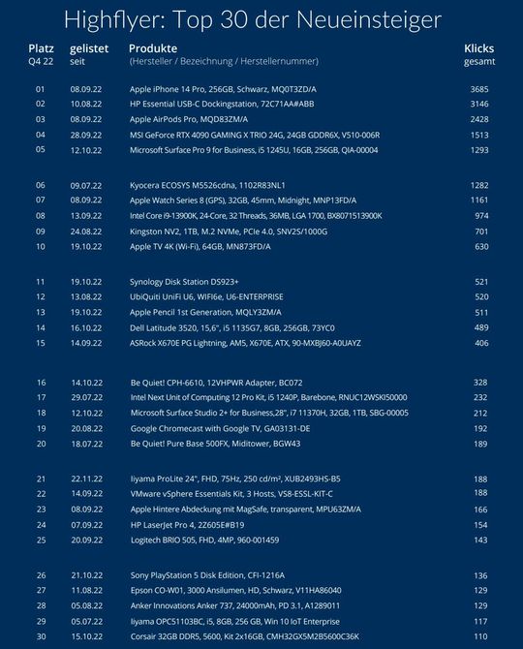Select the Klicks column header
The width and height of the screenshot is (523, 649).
click(x=479, y=46)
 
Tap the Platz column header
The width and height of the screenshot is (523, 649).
click(x=41, y=46)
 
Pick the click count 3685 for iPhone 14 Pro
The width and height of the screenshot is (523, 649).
click(x=478, y=89)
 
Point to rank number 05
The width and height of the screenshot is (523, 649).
click(x=41, y=150)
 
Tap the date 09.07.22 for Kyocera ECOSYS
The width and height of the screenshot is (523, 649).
click(x=86, y=185)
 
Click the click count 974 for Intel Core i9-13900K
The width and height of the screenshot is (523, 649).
click(x=480, y=216)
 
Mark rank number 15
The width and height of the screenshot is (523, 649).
click(x=41, y=343)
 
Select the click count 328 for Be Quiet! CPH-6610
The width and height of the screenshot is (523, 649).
click(x=480, y=383)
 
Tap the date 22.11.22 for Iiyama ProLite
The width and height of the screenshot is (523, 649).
click(x=86, y=479)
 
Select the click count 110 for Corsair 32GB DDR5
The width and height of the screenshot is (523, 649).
click(x=480, y=635)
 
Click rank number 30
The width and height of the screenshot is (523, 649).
click(x=41, y=635)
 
